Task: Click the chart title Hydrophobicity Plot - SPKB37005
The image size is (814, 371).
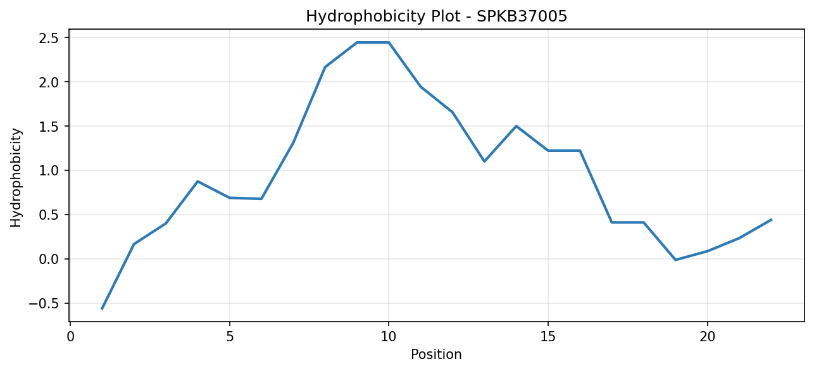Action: tap(437, 16)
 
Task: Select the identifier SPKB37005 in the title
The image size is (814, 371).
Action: tap(522, 16)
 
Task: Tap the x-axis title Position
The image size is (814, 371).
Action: tap(436, 355)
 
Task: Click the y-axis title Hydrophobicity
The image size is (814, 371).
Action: tap(16, 178)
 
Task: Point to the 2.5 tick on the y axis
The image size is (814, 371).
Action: tap(49, 38)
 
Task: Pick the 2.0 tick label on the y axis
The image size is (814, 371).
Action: tap(49, 82)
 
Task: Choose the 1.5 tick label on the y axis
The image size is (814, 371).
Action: tap(49, 127)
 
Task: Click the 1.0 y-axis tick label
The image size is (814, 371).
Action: tap(49, 171)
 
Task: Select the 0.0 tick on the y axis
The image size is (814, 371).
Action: tap(49, 259)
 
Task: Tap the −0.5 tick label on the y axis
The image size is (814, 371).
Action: tap(44, 303)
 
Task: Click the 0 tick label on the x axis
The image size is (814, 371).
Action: tap(70, 337)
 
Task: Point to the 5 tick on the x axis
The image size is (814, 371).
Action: tap(230, 337)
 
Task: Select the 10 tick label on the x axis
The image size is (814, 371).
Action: tap(389, 337)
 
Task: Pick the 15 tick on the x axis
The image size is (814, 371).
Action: tap(548, 337)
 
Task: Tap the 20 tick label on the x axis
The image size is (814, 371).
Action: tap(707, 337)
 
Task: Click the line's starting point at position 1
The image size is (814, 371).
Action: tap(102, 309)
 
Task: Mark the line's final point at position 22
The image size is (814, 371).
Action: tap(771, 220)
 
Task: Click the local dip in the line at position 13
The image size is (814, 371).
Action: tap(484, 161)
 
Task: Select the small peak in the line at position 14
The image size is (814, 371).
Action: tap(516, 126)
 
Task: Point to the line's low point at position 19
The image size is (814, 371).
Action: tap(675, 260)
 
